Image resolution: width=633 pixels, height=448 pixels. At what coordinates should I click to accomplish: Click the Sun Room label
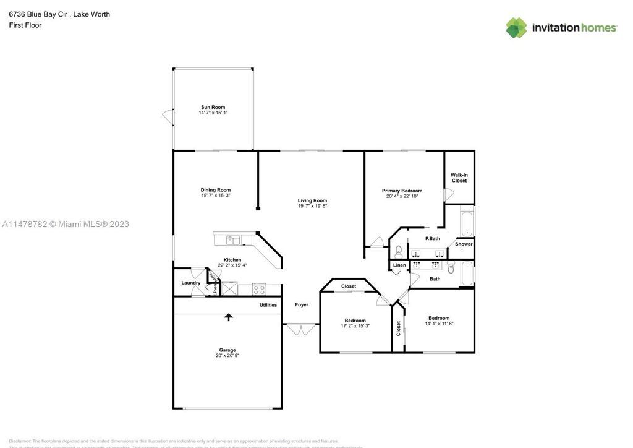tap(212, 107)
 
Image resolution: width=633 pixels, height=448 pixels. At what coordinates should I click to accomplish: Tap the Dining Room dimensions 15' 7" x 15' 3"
tap(215, 196)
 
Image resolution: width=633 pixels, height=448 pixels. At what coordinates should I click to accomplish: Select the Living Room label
tap(312, 200)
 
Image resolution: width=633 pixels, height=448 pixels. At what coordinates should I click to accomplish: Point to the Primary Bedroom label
tap(402, 191)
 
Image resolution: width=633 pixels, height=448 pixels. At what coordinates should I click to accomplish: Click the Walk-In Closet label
tap(459, 178)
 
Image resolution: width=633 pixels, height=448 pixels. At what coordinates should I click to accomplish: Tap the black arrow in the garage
tap(229, 317)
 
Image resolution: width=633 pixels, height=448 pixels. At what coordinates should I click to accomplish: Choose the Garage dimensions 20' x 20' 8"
tap(227, 355)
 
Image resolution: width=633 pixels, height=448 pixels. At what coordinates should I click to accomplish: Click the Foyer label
tap(301, 304)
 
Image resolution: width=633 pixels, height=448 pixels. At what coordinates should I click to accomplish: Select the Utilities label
tap(268, 305)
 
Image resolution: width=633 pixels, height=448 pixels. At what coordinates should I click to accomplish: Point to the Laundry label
tap(190, 283)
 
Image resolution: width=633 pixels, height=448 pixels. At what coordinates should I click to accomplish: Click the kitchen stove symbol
tap(258, 288)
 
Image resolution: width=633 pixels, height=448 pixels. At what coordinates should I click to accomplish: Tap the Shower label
tap(464, 244)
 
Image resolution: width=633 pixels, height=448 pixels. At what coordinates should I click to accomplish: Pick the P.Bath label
tap(432, 239)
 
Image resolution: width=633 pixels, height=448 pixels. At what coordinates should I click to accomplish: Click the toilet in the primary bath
tap(399, 251)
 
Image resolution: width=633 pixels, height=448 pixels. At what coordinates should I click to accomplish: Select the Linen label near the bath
tap(399, 265)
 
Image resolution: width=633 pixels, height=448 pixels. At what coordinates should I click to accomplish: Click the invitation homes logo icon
tap(517, 27)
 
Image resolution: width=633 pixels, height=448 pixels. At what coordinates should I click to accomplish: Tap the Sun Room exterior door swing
tap(166, 115)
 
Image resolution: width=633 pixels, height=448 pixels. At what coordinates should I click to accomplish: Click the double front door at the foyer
tap(301, 329)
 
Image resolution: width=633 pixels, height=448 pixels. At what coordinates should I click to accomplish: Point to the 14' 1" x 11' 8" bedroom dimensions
tap(439, 324)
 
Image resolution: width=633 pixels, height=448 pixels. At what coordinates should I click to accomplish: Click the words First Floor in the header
tap(25, 25)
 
